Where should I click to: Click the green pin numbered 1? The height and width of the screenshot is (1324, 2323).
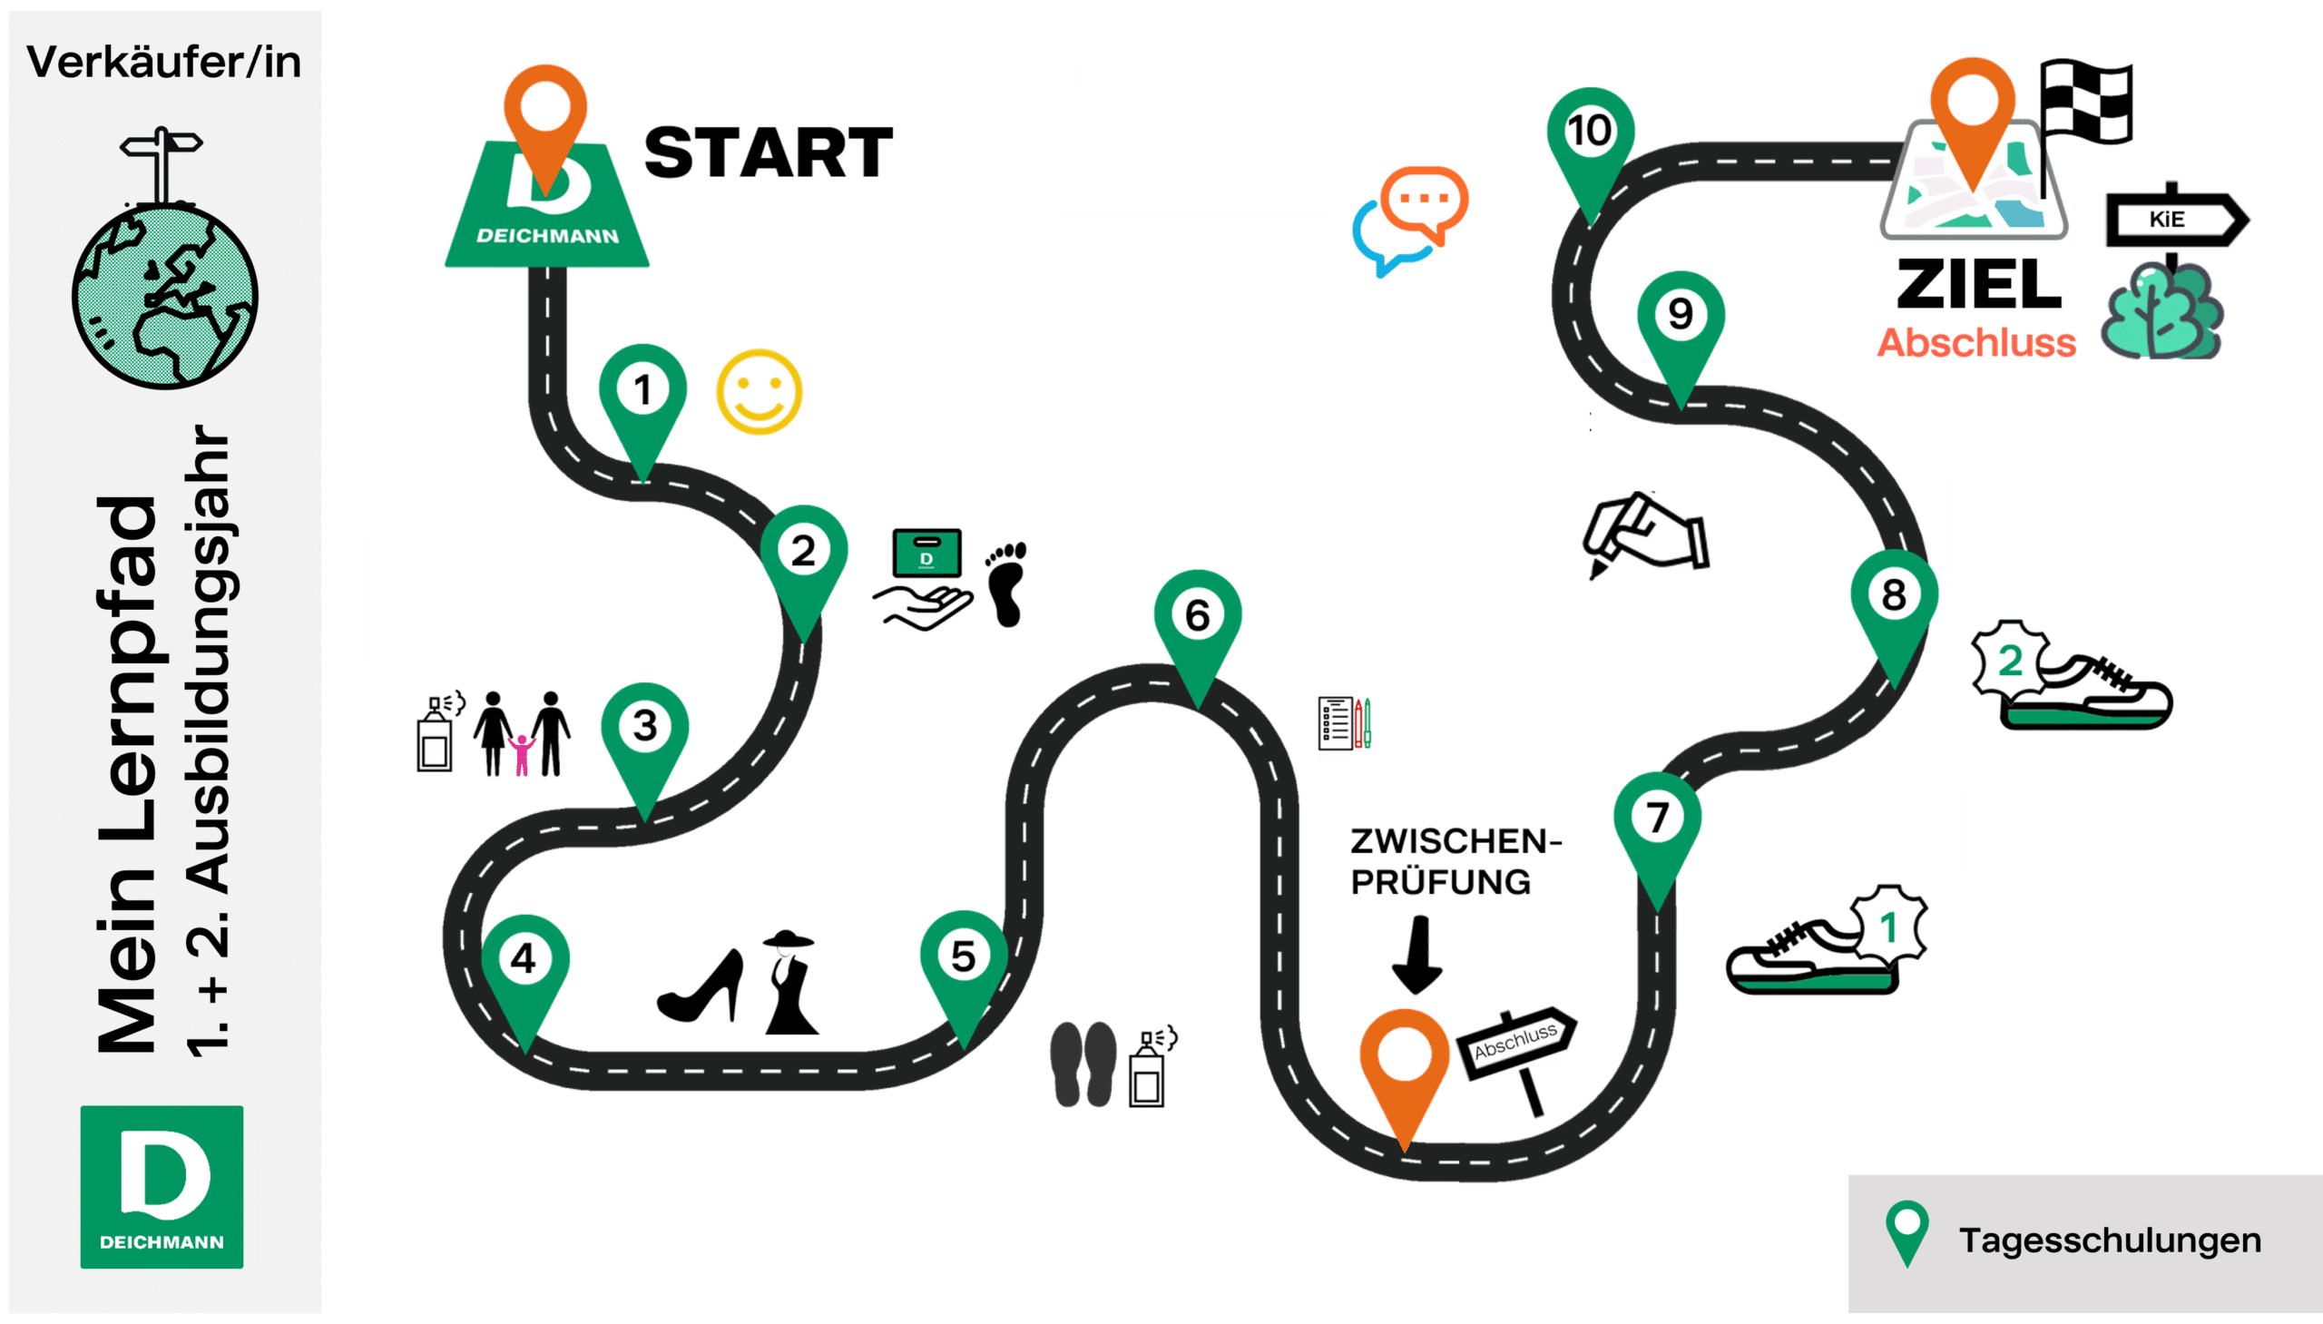(642, 400)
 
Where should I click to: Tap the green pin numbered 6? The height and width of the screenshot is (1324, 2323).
(1198, 627)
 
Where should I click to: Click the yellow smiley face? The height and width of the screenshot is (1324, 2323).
(760, 392)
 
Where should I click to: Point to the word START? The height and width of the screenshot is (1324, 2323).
(769, 152)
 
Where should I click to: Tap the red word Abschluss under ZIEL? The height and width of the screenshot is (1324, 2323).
(1976, 343)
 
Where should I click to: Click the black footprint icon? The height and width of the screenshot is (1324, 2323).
(1006, 584)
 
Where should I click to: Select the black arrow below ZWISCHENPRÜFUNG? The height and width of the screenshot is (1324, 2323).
(1416, 955)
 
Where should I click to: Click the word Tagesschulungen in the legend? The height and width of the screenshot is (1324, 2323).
(2110, 1241)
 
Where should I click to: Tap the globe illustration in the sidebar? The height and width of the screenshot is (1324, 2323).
(164, 297)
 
